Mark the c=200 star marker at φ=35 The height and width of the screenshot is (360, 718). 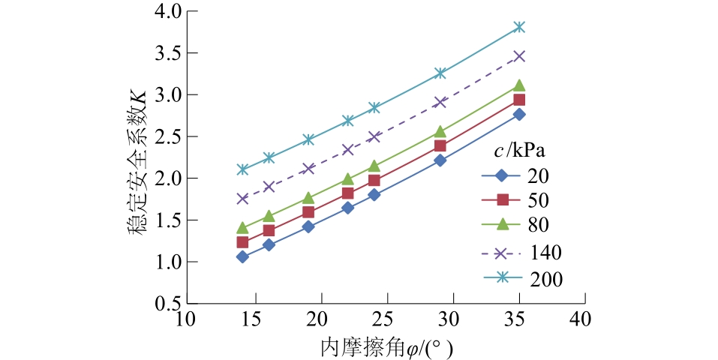(518, 27)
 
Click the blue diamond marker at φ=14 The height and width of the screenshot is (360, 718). (242, 256)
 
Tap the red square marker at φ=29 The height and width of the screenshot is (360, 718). (440, 145)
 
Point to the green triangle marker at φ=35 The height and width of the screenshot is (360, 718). (518, 85)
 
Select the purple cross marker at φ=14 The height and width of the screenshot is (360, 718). (242, 199)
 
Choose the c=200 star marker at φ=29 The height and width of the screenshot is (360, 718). (440, 73)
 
